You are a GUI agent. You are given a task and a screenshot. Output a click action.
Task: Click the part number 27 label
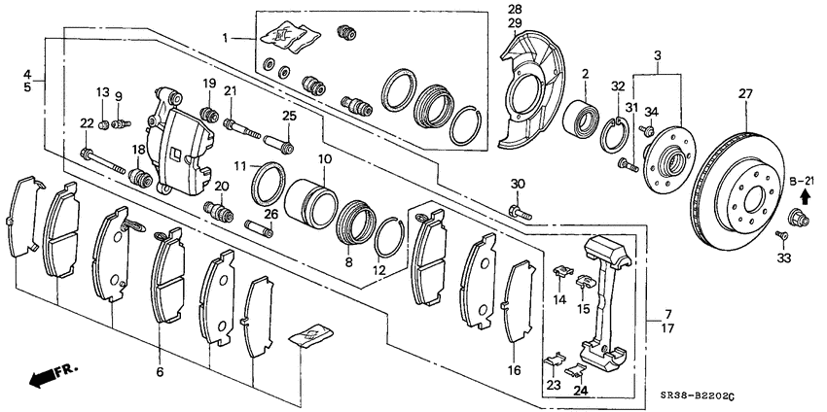[x=746, y=94]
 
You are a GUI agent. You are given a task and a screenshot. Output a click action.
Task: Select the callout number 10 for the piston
[x=324, y=158]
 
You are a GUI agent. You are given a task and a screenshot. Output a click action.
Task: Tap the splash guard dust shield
[x=531, y=92]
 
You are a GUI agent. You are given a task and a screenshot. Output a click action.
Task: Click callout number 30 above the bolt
[x=518, y=184]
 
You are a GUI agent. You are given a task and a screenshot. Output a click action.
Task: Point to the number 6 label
[x=159, y=372]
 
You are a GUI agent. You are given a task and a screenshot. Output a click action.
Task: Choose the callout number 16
[x=515, y=369]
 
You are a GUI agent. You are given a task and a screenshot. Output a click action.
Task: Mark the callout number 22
[x=87, y=122]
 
